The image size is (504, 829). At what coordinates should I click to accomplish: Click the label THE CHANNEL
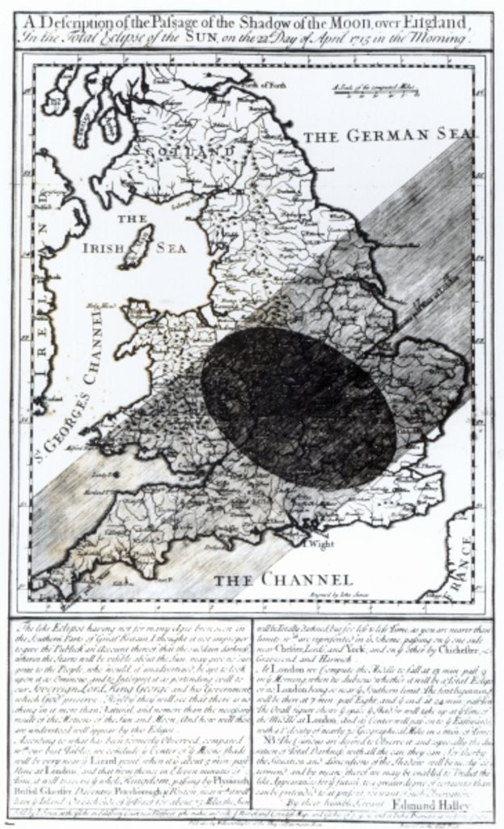pyautogui.click(x=283, y=580)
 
